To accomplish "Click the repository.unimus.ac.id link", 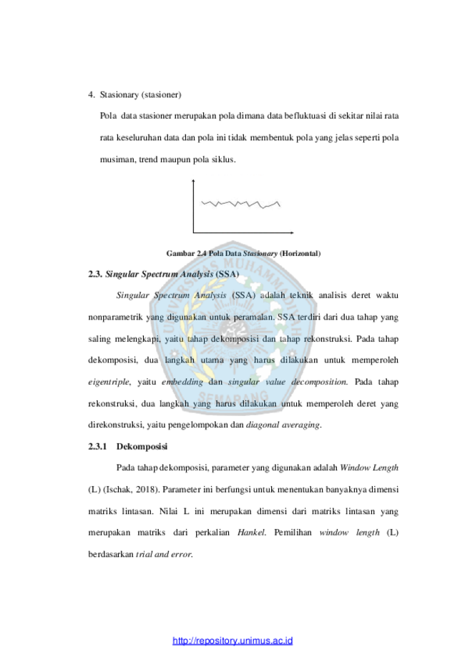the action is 232,641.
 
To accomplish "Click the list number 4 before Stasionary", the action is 91,94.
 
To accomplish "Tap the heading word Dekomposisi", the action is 142,446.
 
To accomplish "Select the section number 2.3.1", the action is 97,446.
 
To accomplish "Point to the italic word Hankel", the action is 251,533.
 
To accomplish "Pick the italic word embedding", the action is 182,382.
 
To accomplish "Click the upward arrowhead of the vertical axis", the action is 193,181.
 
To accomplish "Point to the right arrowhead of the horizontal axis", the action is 292,232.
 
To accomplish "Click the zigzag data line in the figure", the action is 240,204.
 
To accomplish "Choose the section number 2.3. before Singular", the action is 95,275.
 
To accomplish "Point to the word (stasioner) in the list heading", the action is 161,94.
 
